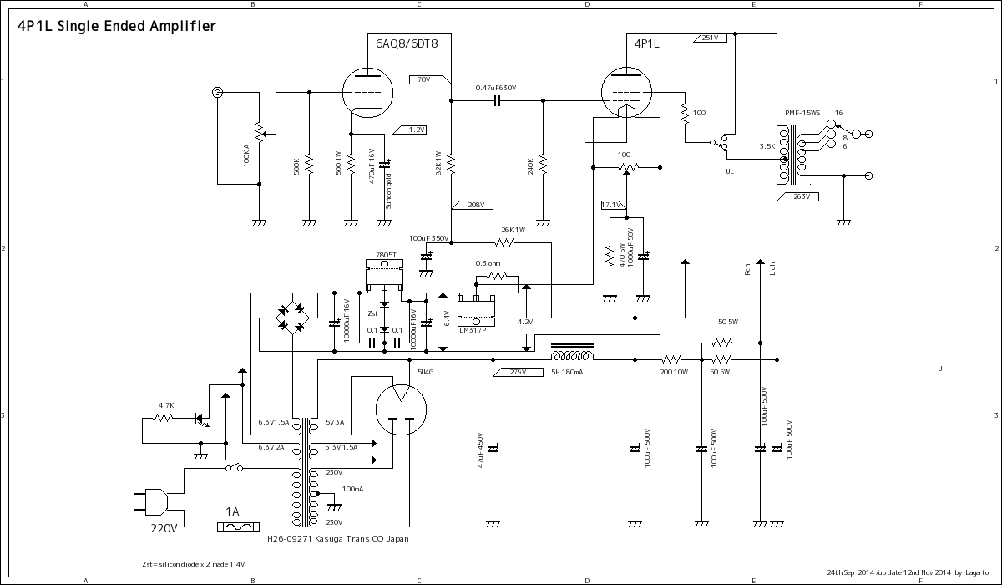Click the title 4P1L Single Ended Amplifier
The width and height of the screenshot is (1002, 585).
pyautogui.click(x=116, y=26)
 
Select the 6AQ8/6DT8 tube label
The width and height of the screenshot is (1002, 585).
pyautogui.click(x=407, y=43)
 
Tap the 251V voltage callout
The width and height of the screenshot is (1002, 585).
pyautogui.click(x=711, y=38)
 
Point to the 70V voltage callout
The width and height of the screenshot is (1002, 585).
pyautogui.click(x=423, y=79)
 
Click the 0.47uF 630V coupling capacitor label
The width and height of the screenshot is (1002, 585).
pyautogui.click(x=495, y=88)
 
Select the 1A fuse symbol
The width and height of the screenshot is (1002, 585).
pyautogui.click(x=235, y=526)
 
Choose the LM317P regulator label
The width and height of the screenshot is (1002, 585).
pyautogui.click(x=472, y=329)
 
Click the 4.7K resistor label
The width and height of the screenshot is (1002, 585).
pyautogui.click(x=165, y=405)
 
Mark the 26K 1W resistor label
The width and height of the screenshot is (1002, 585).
pyautogui.click(x=513, y=230)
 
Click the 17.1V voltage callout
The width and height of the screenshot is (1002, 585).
pyautogui.click(x=612, y=205)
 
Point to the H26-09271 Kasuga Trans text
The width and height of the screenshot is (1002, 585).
pyautogui.click(x=337, y=539)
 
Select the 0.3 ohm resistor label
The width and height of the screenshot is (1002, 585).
pyautogui.click(x=488, y=263)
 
